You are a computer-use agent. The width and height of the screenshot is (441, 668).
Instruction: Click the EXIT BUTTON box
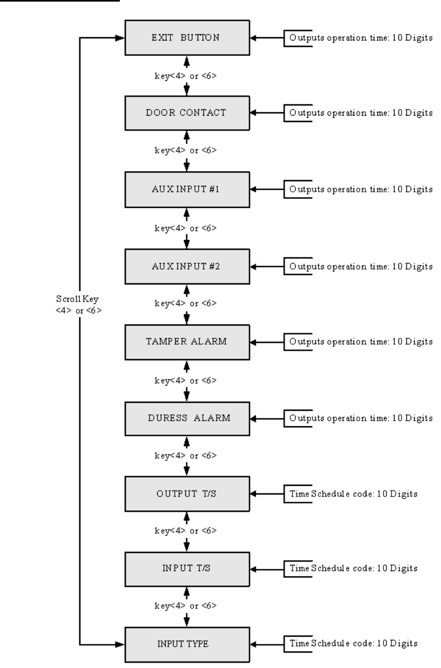(x=186, y=38)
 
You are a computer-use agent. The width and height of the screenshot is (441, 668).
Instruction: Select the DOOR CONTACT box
(x=186, y=113)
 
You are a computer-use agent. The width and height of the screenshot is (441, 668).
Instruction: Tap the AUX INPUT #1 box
(x=186, y=190)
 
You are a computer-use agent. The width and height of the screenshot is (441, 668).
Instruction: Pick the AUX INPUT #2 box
(x=186, y=265)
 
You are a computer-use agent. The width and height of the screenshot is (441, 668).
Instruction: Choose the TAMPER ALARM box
(x=186, y=341)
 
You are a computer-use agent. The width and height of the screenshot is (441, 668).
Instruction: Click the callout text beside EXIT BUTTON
(x=361, y=38)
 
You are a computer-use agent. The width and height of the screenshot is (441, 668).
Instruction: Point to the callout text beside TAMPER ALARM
(x=361, y=341)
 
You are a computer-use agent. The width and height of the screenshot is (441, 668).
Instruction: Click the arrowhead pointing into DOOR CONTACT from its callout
(x=254, y=113)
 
